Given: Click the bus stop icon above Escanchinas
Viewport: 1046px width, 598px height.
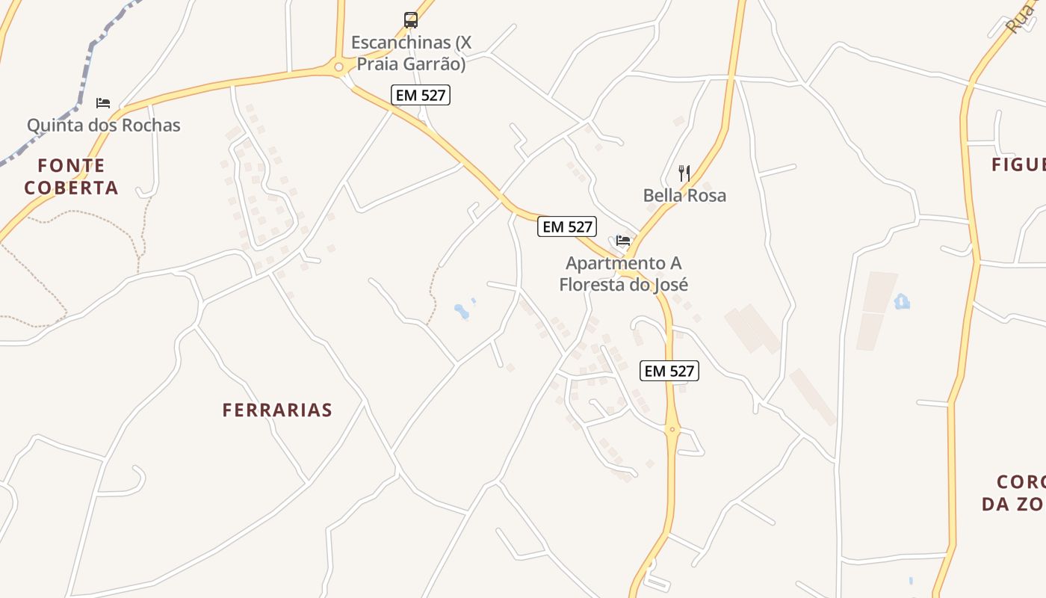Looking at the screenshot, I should point(411,20).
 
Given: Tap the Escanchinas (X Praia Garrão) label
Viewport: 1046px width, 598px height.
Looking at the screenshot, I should point(411,53).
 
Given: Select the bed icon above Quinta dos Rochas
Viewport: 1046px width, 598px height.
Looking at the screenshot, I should point(103,102).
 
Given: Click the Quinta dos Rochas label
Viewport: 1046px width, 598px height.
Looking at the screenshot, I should point(104,125).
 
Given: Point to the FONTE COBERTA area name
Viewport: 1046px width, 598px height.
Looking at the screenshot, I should point(71,176).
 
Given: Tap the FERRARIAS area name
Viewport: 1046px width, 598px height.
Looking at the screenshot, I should point(277,410).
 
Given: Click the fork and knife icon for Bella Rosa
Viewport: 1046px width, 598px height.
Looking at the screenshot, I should point(684,173).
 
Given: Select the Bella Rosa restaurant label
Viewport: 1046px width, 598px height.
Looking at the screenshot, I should point(684,196).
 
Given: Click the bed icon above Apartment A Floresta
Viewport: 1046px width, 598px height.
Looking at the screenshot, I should point(623,241).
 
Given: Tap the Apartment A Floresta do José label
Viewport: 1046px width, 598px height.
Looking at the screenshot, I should point(623,274).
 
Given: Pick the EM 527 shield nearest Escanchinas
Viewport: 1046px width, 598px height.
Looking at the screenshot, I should point(421,95).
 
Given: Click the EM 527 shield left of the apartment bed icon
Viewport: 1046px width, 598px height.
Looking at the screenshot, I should point(567,226).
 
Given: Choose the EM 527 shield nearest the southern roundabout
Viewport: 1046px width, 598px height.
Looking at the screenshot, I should point(669,371).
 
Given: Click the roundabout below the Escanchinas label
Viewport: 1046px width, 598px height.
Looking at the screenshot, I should point(339,67).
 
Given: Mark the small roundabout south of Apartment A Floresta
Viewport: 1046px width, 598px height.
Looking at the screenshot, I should point(672,429).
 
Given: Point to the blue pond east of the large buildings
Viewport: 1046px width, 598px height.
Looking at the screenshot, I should point(902,301).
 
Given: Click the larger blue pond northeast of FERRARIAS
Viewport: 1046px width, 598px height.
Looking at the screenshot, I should point(462,311).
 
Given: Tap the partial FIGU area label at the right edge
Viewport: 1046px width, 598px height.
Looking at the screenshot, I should point(1018,165).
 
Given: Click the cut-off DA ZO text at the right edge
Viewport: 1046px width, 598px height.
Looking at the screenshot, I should point(1013,504).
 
